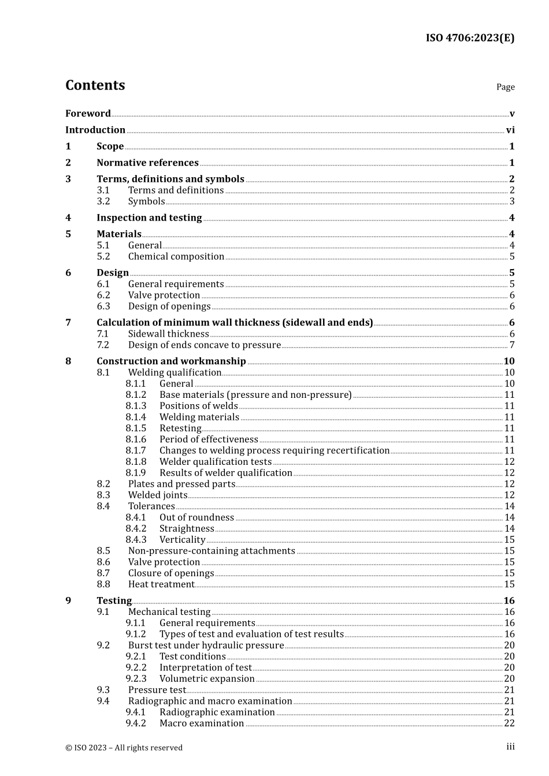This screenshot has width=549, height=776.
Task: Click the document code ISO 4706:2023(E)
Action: click(470, 38)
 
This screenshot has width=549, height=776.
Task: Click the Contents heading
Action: click(95, 85)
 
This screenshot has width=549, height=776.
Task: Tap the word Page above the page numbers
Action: click(505, 87)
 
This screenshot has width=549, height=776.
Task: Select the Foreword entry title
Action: click(88, 114)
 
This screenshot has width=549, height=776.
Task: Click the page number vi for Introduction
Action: click(510, 130)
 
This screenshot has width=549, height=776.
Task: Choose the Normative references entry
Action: click(147, 163)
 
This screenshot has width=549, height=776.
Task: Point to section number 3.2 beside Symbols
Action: click(103, 202)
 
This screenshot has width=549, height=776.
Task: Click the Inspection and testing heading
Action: click(149, 218)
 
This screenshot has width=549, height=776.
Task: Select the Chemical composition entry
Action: click(176, 256)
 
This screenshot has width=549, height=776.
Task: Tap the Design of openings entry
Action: click(169, 307)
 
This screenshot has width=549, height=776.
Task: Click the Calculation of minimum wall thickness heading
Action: click(235, 323)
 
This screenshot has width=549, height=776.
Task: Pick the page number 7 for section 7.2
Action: click(511, 345)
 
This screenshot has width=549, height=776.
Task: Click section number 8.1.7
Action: click(136, 450)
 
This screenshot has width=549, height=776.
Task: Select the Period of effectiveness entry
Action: click(209, 439)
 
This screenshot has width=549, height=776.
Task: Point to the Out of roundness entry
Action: click(196, 517)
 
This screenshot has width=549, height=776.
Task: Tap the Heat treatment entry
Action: click(161, 584)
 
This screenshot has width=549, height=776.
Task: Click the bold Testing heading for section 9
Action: click(114, 600)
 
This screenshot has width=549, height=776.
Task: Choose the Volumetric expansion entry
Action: click(207, 679)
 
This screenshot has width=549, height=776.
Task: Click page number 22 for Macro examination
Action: click(509, 723)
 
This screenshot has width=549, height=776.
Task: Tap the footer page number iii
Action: click(510, 747)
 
